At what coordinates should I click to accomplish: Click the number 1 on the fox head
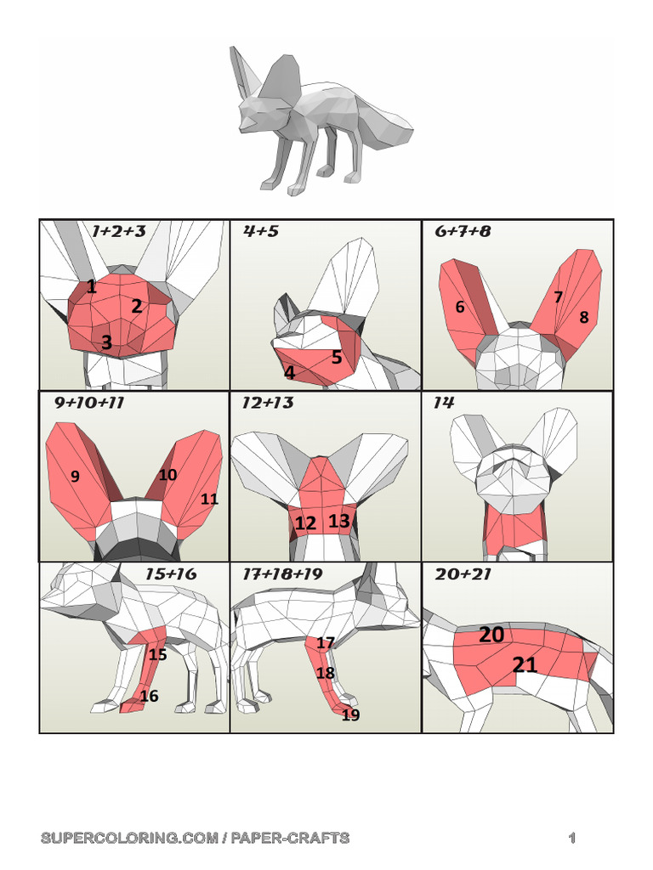91,287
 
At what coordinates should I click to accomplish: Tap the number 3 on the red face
106,342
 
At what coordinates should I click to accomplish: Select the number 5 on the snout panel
337,357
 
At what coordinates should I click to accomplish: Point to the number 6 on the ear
460,308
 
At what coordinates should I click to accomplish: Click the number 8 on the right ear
584,317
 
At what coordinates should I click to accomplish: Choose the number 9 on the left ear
75,477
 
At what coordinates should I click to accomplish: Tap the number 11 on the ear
209,499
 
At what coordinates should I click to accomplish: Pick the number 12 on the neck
305,523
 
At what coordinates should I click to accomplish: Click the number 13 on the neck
339,521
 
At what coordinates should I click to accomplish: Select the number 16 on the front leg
149,696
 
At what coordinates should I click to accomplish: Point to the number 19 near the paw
350,715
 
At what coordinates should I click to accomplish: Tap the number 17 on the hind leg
326,643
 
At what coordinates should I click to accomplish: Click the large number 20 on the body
491,635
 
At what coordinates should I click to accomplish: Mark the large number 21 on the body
525,664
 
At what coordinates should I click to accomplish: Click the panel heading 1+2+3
118,231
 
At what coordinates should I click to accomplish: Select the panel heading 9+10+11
89,403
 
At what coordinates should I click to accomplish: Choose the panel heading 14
444,403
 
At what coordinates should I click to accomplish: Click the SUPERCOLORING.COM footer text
195,838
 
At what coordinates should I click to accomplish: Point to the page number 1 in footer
572,839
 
